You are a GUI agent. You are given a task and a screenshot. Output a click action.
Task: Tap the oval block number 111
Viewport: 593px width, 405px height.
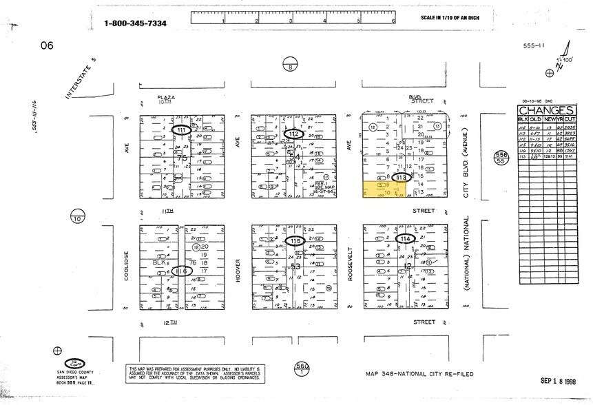click(182, 130)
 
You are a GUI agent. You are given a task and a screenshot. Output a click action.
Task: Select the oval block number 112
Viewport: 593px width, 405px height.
click(295, 134)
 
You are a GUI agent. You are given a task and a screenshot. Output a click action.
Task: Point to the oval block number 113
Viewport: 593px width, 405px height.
click(402, 177)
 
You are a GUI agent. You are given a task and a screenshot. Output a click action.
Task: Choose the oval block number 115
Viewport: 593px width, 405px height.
click(295, 240)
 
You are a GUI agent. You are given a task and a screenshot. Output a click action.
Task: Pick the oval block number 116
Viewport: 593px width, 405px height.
click(181, 271)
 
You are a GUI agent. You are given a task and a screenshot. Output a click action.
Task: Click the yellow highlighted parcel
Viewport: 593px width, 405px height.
click(379, 191)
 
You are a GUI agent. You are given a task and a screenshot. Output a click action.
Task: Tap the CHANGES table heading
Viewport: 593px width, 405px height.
click(546, 110)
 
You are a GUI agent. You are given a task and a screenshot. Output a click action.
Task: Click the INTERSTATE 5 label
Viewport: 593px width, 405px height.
click(82, 79)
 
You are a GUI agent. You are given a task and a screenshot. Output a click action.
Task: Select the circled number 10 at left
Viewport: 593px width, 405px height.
click(76, 218)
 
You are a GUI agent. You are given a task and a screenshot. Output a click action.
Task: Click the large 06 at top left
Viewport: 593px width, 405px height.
click(46, 45)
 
